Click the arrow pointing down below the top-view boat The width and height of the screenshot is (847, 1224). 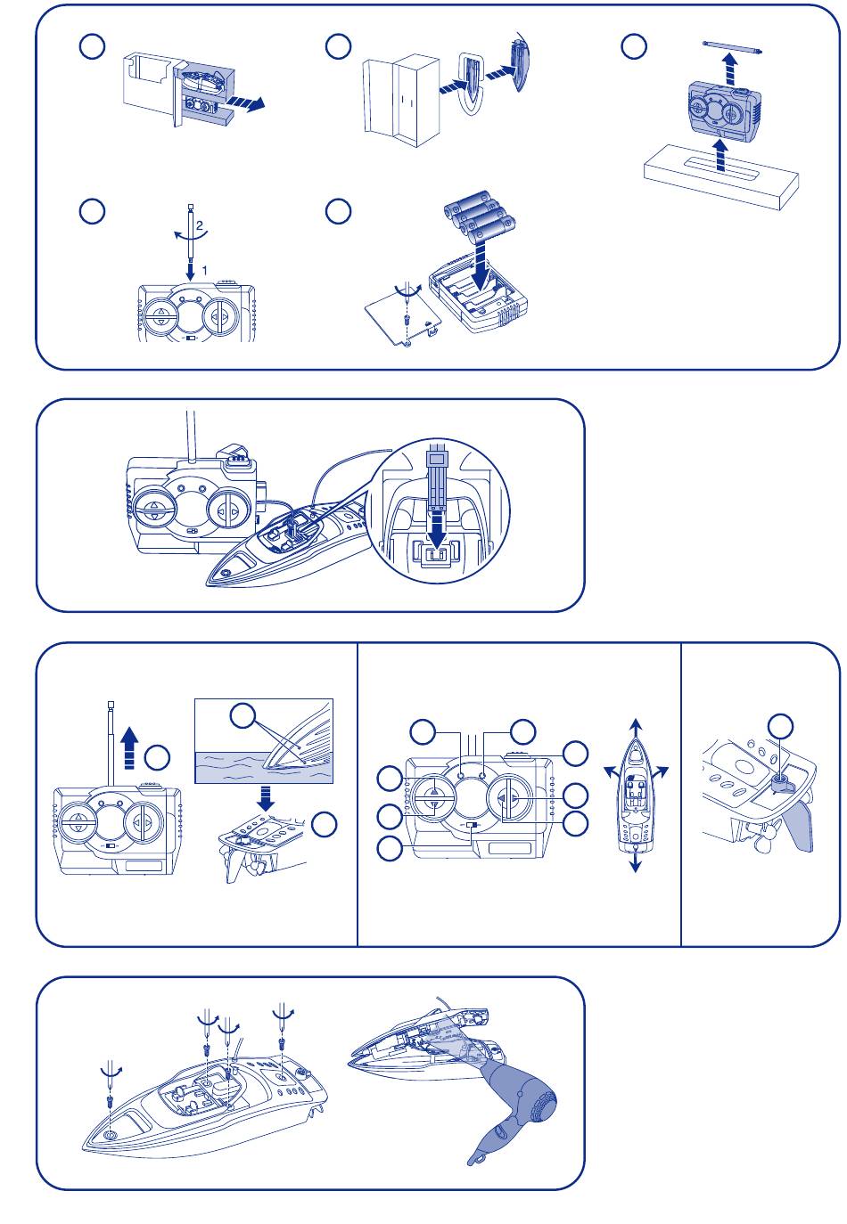coord(634,861)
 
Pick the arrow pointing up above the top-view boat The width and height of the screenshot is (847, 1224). coord(634,724)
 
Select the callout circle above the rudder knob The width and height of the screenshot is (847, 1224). coord(781,724)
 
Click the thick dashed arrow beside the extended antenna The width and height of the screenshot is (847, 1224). coord(129,747)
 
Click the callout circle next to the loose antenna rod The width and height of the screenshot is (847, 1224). coord(633,47)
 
